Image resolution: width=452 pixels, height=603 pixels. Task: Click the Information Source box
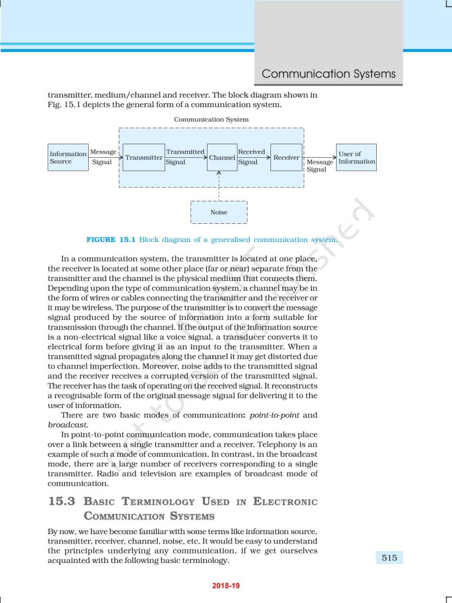click(x=68, y=157)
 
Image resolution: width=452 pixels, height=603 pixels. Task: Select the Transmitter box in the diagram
click(x=144, y=157)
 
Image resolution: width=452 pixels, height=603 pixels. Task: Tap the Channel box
click(x=222, y=157)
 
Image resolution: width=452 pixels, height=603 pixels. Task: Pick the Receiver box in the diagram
click(x=286, y=157)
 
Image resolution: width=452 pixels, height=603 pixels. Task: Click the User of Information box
click(x=356, y=157)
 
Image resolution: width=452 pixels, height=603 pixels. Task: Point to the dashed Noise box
click(x=219, y=212)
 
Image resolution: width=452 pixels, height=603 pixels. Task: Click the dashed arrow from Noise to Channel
click(x=219, y=185)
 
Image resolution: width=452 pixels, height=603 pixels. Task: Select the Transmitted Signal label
click(x=185, y=157)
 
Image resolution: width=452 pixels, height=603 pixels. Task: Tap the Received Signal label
click(x=252, y=157)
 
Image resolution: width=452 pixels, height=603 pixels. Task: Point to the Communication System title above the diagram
click(x=211, y=120)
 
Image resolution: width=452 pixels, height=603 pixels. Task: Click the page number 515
click(x=389, y=558)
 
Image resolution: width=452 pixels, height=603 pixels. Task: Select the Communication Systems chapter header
click(x=329, y=74)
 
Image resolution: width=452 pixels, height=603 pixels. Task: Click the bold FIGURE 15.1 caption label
click(x=111, y=240)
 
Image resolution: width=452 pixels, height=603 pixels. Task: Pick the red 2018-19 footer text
click(x=226, y=586)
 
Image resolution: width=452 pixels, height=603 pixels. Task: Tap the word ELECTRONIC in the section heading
click(x=285, y=502)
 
